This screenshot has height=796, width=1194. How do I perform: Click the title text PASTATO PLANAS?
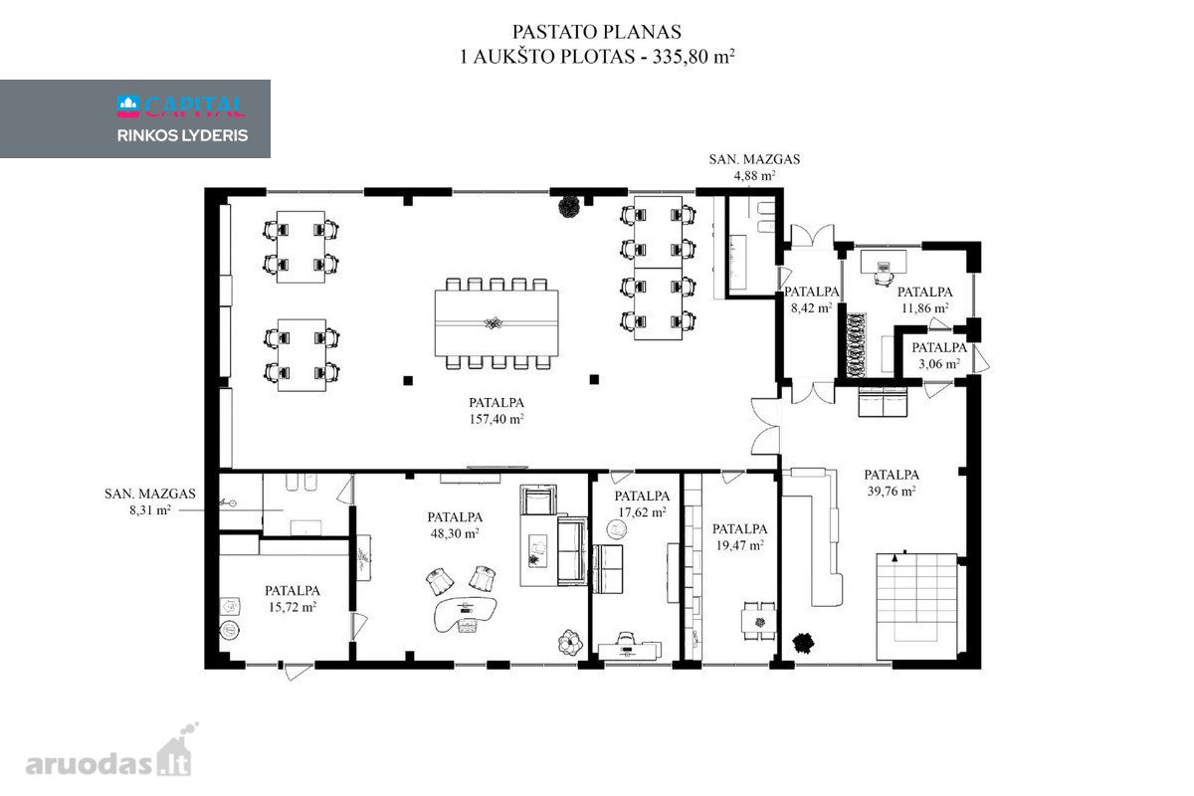pyautogui.click(x=596, y=32)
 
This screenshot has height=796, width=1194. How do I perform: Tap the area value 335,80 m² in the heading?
pyautogui.click(x=694, y=56)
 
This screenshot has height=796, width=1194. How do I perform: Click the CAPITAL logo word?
pyautogui.click(x=195, y=106)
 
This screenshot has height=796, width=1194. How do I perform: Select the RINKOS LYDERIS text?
pyautogui.click(x=182, y=135)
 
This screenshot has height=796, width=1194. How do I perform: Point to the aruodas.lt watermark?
pyautogui.click(x=108, y=752)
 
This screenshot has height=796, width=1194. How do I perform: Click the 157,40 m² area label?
pyautogui.click(x=497, y=419)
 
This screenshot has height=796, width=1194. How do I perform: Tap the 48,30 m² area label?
pyautogui.click(x=454, y=533)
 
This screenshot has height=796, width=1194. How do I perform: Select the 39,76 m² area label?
pyautogui.click(x=892, y=492)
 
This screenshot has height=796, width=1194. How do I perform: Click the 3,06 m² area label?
pyautogui.click(x=939, y=364)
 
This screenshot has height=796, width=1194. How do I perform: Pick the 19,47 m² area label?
pyautogui.click(x=739, y=545)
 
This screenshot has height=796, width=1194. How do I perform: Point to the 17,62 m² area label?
pyautogui.click(x=642, y=512)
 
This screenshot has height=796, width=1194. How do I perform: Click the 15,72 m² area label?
pyautogui.click(x=293, y=607)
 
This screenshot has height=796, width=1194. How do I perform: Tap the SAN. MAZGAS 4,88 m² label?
pyautogui.click(x=754, y=167)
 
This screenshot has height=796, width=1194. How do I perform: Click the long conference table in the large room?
pyautogui.click(x=497, y=323)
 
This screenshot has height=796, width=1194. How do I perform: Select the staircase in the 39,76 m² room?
pyautogui.click(x=916, y=606)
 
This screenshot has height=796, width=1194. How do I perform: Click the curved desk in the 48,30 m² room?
pyautogui.click(x=466, y=615)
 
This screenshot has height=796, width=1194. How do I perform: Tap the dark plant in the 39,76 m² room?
pyautogui.click(x=802, y=643)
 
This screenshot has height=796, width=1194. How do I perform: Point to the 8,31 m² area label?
pyautogui.click(x=150, y=510)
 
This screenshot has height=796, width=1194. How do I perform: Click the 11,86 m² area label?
pyautogui.click(x=924, y=308)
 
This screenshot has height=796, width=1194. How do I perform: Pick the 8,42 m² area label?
pyautogui.click(x=811, y=308)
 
